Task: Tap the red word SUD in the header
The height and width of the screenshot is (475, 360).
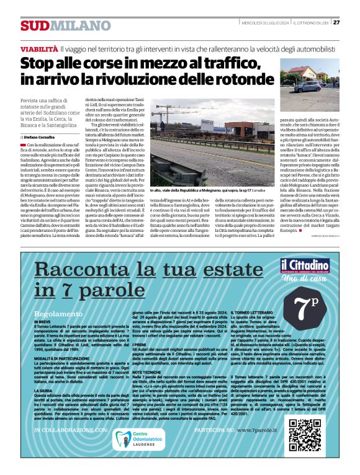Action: click(x=33, y=26)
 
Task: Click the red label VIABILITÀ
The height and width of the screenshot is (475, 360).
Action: click(x=39, y=48)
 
